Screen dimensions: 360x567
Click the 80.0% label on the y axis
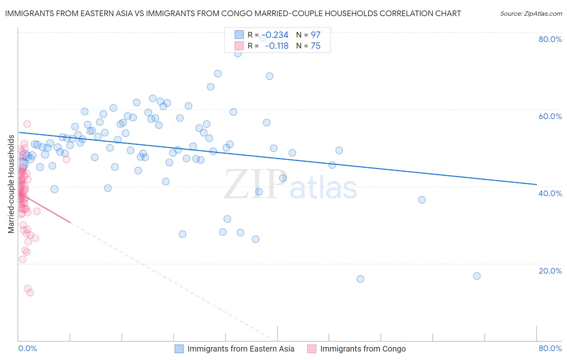(550, 39)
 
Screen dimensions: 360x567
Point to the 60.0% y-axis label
(550, 116)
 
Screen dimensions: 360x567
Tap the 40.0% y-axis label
(550, 193)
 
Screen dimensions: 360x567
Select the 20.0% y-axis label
(550, 271)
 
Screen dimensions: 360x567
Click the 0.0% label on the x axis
(27, 348)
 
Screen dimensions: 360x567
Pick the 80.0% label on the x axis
(550, 348)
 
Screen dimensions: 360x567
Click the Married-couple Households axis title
(11, 184)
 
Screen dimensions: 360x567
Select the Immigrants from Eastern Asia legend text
(241, 349)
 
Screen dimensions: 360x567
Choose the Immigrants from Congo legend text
(363, 349)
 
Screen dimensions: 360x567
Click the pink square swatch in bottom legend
(312, 349)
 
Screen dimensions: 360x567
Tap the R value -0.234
(277, 35)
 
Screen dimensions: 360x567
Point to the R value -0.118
(277, 46)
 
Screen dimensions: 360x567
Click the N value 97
(315, 35)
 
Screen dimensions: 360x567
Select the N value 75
(315, 46)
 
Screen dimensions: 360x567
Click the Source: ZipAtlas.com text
(531, 14)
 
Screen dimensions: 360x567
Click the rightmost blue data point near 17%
(477, 276)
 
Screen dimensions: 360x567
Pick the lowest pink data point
(30, 293)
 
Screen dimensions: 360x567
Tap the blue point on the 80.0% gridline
(263, 37)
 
